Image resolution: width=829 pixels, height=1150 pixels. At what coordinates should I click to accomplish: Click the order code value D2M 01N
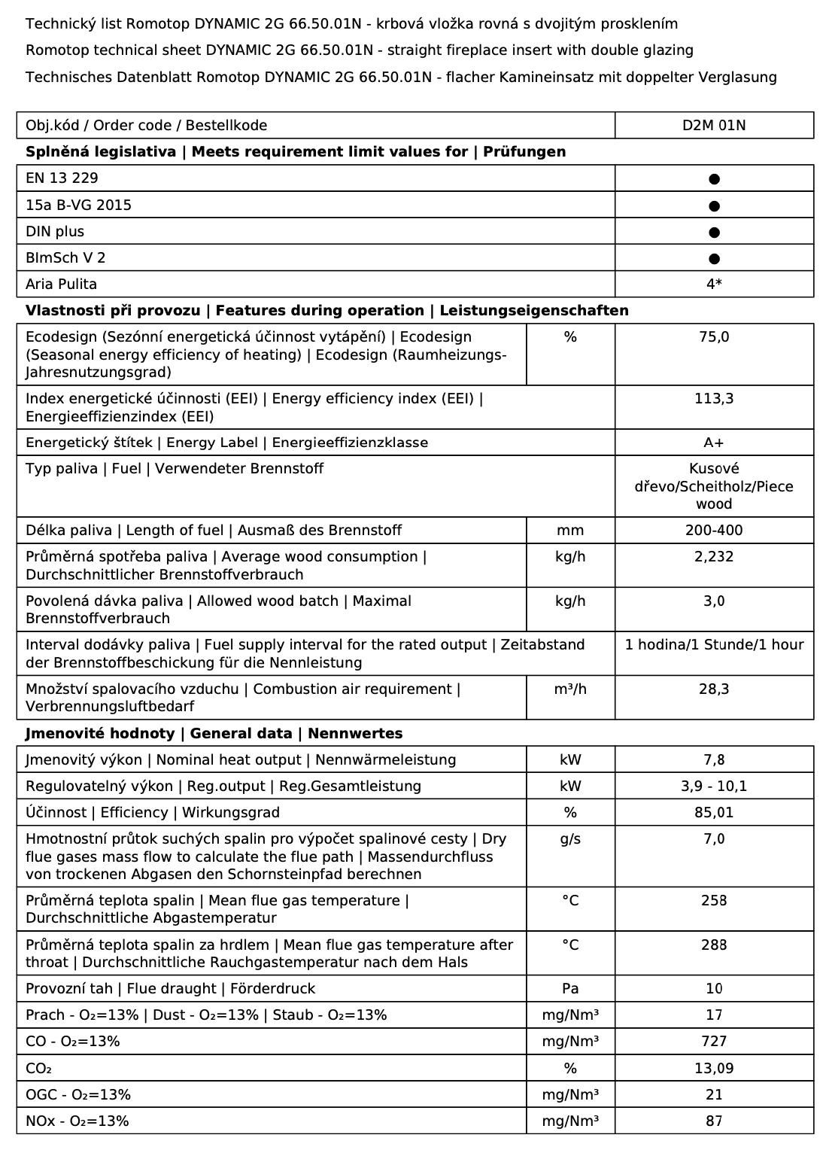coord(714,126)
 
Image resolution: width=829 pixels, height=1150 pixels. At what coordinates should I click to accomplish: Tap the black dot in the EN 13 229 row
coord(714,179)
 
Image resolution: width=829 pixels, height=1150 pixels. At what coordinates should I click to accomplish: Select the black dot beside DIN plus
coord(714,232)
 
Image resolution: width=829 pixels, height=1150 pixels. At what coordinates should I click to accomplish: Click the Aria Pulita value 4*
coord(714,284)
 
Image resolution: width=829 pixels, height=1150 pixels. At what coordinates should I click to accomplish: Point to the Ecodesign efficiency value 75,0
coord(714,337)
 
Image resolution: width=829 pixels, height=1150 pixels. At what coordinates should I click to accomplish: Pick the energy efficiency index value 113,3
coord(714,399)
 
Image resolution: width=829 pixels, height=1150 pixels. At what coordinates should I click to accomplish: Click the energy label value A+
coord(714,443)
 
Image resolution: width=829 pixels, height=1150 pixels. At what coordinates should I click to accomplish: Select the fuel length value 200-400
coord(714,531)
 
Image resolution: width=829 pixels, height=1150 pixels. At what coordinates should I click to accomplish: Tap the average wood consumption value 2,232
coord(714,557)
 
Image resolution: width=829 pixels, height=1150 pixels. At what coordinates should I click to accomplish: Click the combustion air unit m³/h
coord(570,689)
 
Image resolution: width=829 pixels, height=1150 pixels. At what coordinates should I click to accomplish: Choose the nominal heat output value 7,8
coord(714,760)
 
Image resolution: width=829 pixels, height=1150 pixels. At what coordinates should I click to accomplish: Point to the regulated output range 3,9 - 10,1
coord(714,786)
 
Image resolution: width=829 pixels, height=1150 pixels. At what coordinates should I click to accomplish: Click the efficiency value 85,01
coord(714,813)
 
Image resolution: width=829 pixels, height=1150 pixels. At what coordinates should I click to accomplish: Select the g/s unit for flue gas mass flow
coord(570,839)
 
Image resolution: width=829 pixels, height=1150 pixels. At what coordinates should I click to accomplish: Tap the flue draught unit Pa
coord(570,989)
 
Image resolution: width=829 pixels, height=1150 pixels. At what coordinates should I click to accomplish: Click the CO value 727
coord(714,1042)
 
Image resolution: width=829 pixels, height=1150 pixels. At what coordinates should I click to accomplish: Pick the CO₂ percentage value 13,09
coord(714,1069)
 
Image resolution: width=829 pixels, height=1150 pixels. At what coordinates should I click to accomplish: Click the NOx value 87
coord(714,1121)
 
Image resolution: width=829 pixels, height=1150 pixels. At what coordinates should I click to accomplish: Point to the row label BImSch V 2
coord(65,258)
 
